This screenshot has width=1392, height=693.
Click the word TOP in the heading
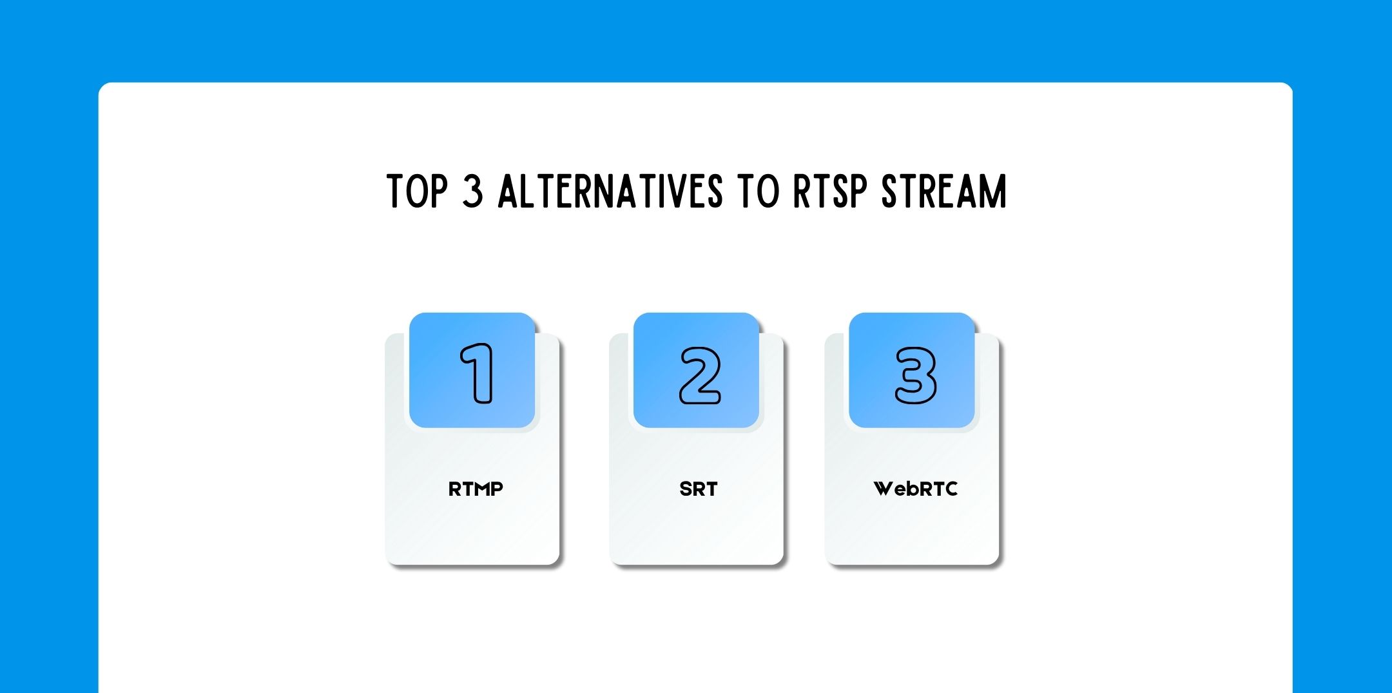[417, 191]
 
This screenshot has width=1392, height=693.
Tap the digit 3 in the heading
[472, 191]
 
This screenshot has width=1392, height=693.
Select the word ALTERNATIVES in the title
[610, 191]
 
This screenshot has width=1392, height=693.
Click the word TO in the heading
[759, 191]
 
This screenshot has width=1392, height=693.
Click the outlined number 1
[478, 373]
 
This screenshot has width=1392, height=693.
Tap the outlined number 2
[700, 375]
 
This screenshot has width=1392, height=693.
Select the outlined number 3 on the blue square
[915, 375]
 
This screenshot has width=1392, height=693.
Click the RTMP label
[476, 489]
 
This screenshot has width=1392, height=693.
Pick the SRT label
[698, 489]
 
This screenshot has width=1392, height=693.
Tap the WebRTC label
[915, 489]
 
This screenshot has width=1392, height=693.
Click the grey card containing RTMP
[472, 529]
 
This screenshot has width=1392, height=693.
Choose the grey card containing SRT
[696, 529]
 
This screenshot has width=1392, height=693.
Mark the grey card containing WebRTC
[912, 529]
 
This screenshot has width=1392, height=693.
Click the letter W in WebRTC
[884, 489]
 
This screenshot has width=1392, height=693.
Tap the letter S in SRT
[685, 489]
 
